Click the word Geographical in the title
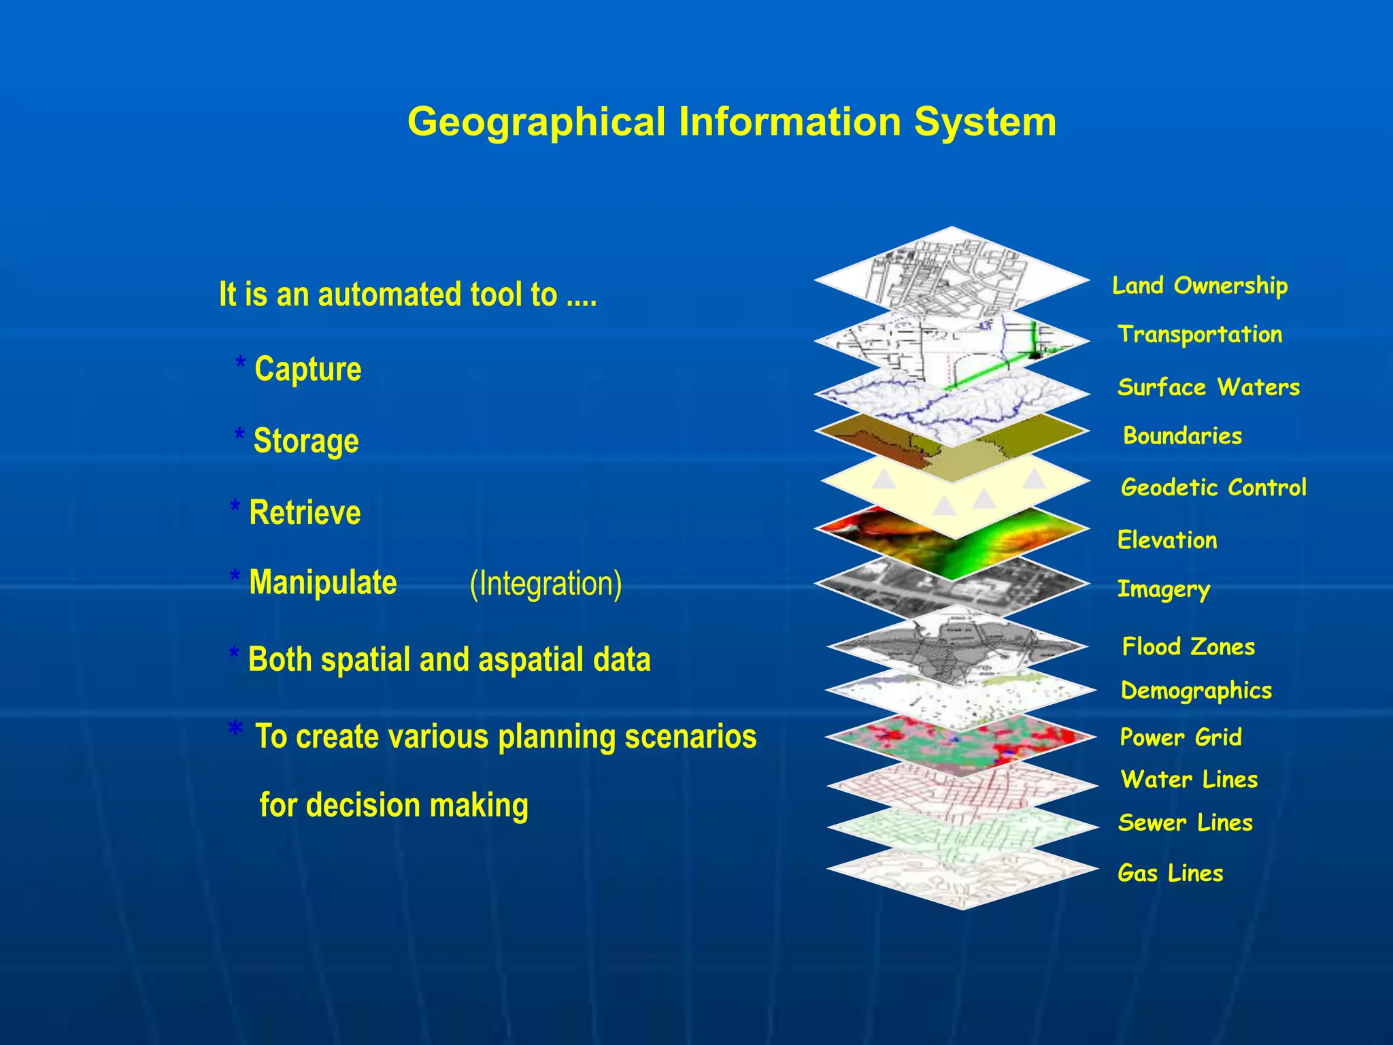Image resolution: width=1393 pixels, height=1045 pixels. click(x=536, y=122)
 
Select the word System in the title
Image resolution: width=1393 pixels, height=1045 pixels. click(x=985, y=122)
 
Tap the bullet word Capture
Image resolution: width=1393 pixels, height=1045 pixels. click(x=307, y=369)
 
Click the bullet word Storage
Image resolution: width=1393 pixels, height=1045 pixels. click(x=305, y=441)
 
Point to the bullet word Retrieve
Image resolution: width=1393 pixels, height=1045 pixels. click(x=305, y=512)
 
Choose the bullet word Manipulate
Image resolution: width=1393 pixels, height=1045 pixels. click(x=322, y=583)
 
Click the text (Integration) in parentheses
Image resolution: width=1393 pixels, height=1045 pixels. click(x=546, y=584)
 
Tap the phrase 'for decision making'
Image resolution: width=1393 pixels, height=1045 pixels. click(x=394, y=805)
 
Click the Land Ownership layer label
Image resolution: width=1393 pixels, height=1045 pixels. click(x=1200, y=286)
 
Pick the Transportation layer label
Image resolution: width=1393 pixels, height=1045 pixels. click(x=1200, y=334)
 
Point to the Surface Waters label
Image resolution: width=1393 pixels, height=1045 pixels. click(x=1209, y=387)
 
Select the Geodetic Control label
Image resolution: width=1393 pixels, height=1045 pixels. click(x=1213, y=487)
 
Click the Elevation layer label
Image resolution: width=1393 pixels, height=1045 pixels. click(x=1167, y=540)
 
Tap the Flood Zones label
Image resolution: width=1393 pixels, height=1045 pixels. click(x=1188, y=646)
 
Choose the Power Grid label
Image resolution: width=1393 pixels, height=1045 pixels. click(x=1181, y=737)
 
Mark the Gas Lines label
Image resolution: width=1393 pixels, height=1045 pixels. click(x=1170, y=873)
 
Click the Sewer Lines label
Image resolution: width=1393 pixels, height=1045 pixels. click(x=1185, y=823)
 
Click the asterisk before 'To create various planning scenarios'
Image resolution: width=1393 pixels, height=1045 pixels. click(x=235, y=729)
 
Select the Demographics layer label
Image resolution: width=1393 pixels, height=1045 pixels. click(x=1196, y=691)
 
